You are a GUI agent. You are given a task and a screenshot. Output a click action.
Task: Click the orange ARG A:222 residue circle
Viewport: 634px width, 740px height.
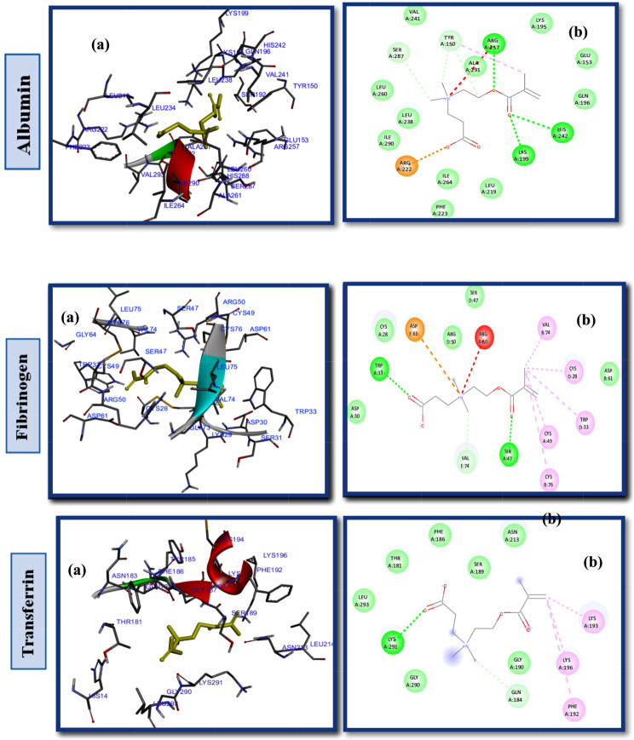(x=406, y=165)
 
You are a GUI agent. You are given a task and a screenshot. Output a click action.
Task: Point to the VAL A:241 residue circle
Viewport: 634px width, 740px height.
(x=415, y=15)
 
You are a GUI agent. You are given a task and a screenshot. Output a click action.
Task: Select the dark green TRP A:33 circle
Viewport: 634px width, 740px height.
(x=379, y=368)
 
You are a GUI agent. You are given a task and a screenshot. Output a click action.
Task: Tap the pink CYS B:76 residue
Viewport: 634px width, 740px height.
(x=549, y=479)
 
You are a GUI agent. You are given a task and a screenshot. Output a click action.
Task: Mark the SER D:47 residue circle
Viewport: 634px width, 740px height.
(x=474, y=296)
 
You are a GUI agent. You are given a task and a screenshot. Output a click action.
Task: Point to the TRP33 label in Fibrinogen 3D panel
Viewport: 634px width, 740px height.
(x=305, y=412)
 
